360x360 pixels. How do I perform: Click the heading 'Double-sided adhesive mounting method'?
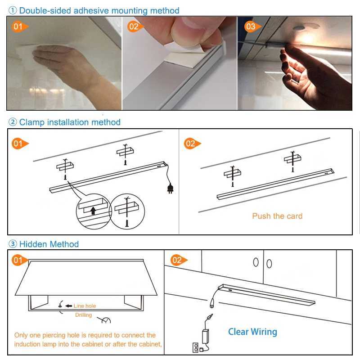click(x=99, y=10)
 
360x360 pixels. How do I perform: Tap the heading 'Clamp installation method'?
click(x=70, y=122)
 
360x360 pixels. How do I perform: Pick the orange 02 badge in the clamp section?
click(x=191, y=144)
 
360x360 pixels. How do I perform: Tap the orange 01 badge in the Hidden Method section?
click(x=18, y=260)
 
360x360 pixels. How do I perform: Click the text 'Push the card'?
click(x=277, y=216)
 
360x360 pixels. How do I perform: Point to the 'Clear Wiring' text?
click(x=252, y=332)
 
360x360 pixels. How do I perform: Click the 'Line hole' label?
click(x=85, y=306)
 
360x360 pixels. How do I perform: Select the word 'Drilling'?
click(x=83, y=315)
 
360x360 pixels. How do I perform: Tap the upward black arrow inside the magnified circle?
click(x=94, y=210)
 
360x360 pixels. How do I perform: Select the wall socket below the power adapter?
click(x=196, y=347)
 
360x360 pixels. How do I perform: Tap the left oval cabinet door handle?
click(x=256, y=262)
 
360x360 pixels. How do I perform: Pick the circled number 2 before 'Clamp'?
click(x=13, y=122)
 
